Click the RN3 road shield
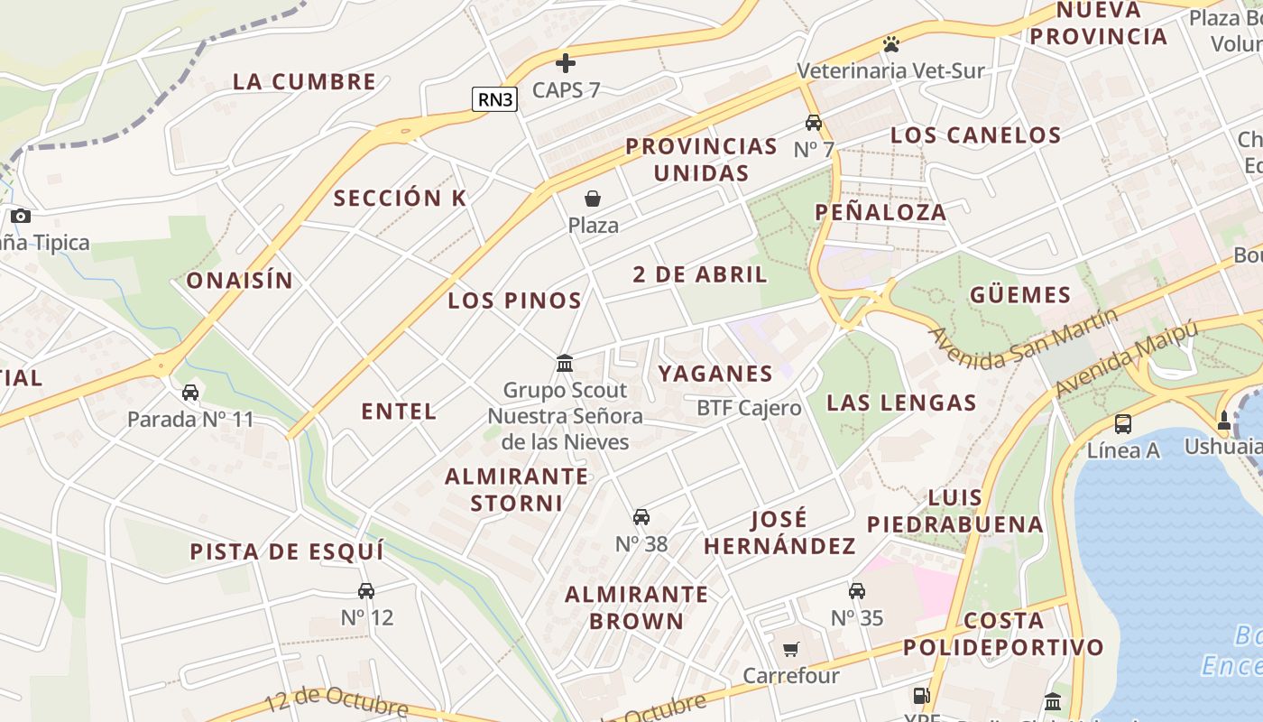click(495, 99)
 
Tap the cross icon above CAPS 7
click(566, 63)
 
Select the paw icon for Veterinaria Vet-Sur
click(891, 43)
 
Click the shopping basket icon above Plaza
click(593, 199)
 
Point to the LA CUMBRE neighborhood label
click(305, 81)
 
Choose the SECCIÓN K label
click(401, 199)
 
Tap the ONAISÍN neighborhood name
click(240, 281)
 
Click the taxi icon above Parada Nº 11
click(190, 393)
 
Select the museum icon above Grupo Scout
click(565, 363)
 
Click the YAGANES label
click(715, 374)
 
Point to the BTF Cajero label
click(749, 408)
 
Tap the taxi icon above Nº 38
click(641, 517)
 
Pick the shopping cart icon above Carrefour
click(791, 649)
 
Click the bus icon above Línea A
click(1123, 423)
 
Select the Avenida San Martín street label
click(1023, 338)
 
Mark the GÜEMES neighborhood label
click(1020, 295)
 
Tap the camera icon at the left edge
click(20, 217)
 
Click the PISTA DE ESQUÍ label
click(287, 551)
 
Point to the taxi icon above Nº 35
click(857, 591)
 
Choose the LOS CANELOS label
click(975, 135)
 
